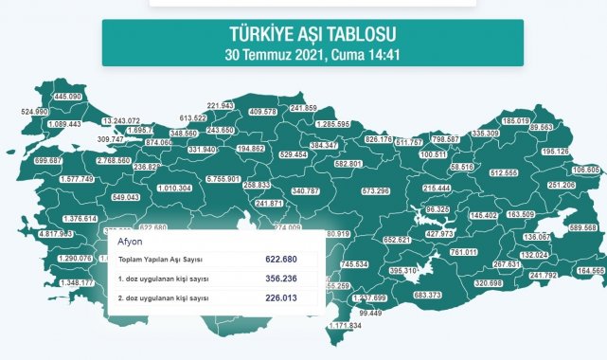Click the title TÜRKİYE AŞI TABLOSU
pos(312,34)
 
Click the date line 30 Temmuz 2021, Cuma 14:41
pos(312,54)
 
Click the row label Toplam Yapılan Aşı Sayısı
pos(160,258)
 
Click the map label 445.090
pos(68,97)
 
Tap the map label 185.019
pos(516,121)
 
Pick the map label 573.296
pos(369,191)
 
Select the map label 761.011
pos(463,253)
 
